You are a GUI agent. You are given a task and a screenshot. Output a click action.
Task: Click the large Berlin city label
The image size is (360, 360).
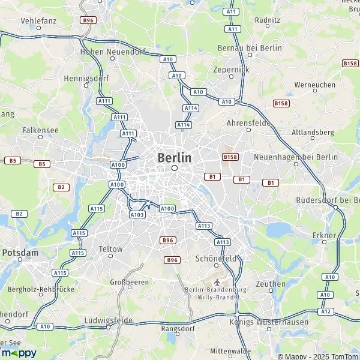pyautogui.click(x=175, y=158)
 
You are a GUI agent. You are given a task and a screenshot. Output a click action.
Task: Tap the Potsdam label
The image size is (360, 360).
pyautogui.click(x=20, y=253)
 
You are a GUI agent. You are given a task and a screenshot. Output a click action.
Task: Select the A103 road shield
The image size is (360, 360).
pyautogui.click(x=137, y=214)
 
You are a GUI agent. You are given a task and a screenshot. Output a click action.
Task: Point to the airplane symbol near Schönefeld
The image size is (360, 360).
pyautogui.click(x=217, y=281)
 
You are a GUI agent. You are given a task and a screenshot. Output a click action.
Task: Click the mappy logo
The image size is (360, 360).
pyautogui.click(x=18, y=353)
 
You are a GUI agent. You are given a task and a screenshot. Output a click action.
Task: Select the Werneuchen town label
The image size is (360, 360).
pyautogui.click(x=315, y=85)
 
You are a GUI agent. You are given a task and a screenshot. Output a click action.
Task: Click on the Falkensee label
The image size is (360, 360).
pyautogui.click(x=39, y=129)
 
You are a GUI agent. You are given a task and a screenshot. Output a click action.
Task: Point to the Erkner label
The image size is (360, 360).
pyautogui.click(x=324, y=235)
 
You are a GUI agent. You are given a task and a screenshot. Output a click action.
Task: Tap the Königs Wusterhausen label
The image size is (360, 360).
pyautogui.click(x=269, y=322)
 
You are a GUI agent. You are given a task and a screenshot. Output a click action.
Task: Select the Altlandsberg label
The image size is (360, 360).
pyautogui.click(x=312, y=132)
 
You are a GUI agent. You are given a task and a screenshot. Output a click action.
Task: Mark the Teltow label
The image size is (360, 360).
pyautogui.click(x=111, y=249)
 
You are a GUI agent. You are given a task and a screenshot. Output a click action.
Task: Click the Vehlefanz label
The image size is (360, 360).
pyautogui.click(x=38, y=20)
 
